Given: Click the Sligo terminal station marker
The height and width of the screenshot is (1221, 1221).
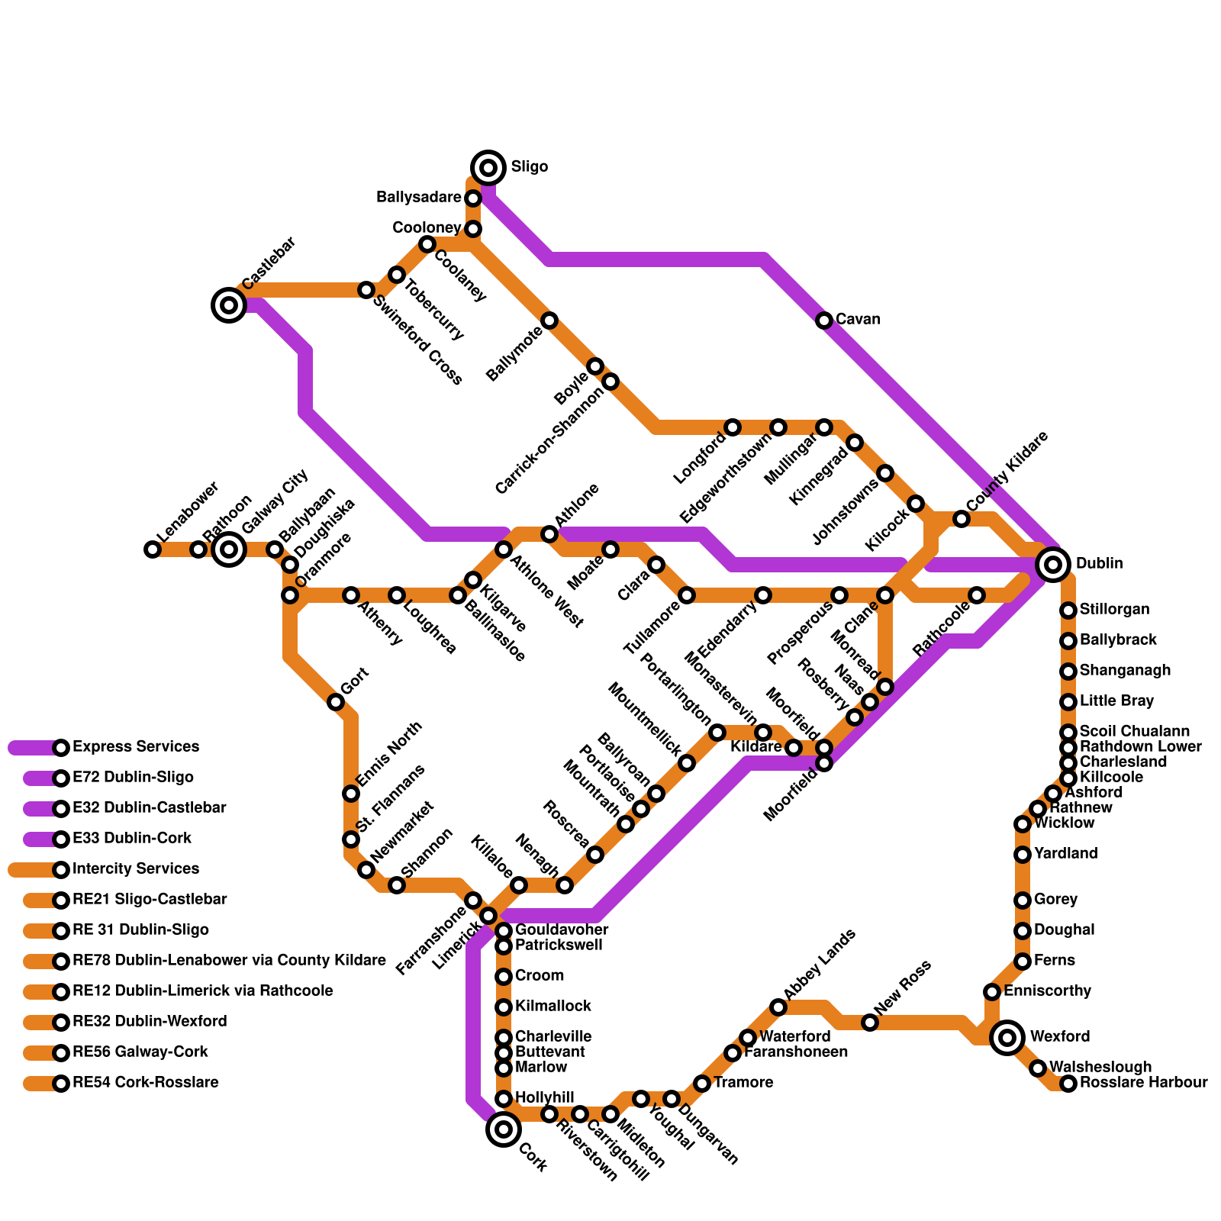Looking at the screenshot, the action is [x=488, y=167].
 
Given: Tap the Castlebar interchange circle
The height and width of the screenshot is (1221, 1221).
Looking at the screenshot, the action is [x=228, y=305].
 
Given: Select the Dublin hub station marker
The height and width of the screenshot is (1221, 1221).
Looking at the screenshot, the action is [x=1053, y=565].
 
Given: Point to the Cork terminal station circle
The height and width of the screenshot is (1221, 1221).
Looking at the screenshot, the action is [x=504, y=1129].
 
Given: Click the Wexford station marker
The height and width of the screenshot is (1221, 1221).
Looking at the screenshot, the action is [x=1007, y=1037].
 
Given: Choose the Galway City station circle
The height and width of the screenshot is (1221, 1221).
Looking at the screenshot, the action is [x=229, y=549].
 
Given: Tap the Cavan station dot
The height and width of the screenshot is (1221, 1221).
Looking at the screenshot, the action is [x=824, y=321].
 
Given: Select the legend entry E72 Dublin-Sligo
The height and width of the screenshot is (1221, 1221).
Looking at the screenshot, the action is [x=133, y=778].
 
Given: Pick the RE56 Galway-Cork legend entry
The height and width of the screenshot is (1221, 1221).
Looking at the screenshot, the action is [x=140, y=1052].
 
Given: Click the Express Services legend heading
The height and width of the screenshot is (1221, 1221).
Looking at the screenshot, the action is [x=136, y=747].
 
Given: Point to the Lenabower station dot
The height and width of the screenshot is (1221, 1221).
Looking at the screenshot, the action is [x=153, y=549].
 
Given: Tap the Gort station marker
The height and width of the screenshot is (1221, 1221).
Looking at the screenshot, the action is [x=336, y=702].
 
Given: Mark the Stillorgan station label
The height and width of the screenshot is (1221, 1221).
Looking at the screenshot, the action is [x=1114, y=610].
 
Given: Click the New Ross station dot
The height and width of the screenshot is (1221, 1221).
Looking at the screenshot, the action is [x=870, y=1023].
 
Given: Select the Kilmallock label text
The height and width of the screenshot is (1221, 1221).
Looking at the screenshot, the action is [x=553, y=1007].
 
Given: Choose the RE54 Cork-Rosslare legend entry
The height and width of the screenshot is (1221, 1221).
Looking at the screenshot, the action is [x=145, y=1083].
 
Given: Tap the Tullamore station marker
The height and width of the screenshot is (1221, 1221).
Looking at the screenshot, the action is [x=687, y=595].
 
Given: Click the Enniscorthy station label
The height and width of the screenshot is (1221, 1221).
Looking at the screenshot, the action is [x=1047, y=991].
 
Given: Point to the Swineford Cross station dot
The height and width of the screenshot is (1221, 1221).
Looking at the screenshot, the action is [x=366, y=290].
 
